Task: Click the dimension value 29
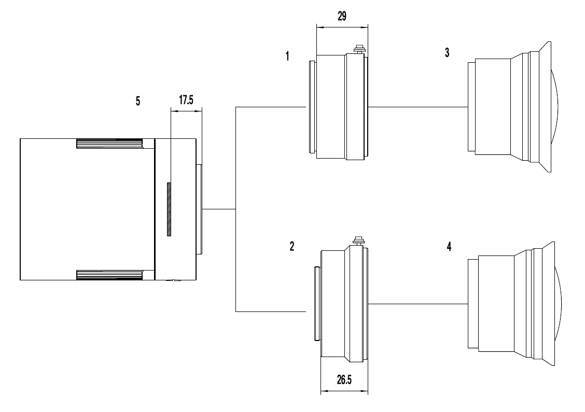click(342, 16)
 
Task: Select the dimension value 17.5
click(186, 100)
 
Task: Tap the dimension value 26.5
click(344, 380)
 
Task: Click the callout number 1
click(287, 56)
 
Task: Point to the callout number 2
click(292, 246)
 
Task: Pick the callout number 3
click(447, 52)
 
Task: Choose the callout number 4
click(449, 247)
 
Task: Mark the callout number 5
click(138, 101)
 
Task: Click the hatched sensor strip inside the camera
click(169, 209)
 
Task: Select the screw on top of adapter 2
click(359, 240)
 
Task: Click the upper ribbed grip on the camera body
click(109, 144)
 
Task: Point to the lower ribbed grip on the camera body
click(109, 275)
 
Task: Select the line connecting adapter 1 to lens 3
click(418, 107)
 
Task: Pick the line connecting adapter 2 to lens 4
click(418, 304)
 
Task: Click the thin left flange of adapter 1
click(313, 107)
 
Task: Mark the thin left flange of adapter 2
click(317, 304)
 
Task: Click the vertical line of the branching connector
click(236, 209)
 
